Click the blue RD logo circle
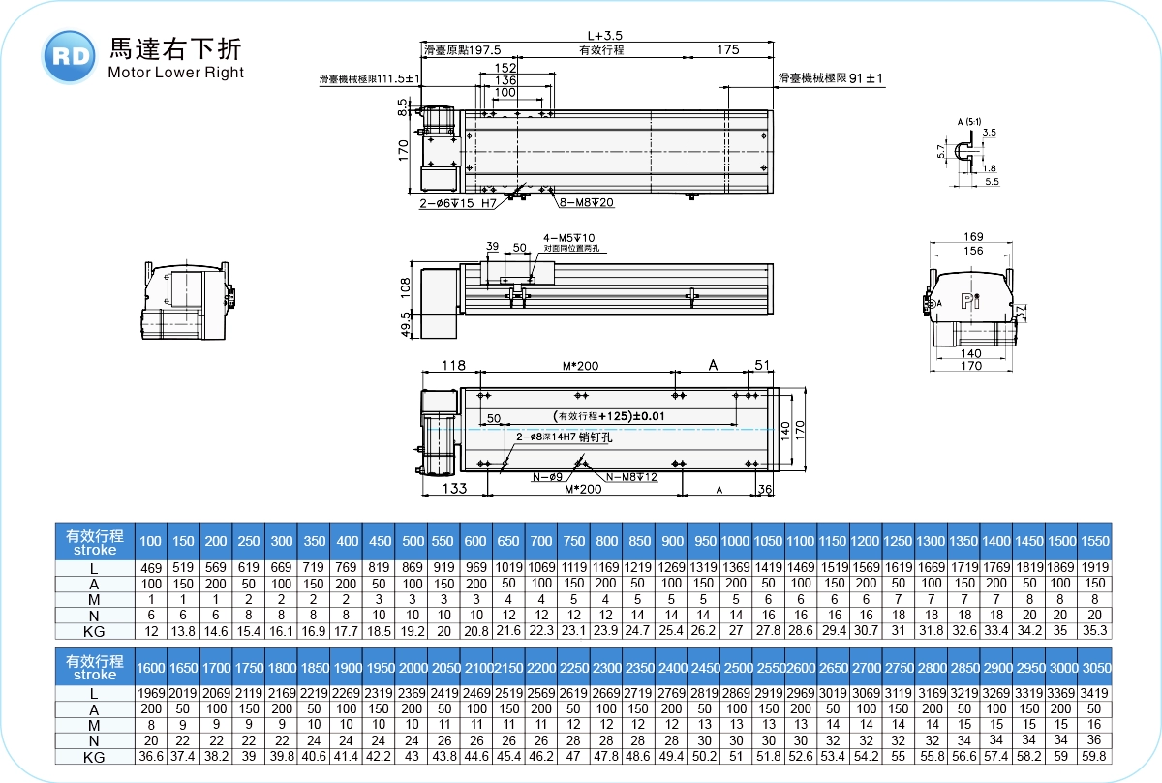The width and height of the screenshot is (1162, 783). point(70,56)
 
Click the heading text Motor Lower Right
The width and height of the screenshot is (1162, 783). point(176,73)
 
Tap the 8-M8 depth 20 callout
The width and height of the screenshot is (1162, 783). point(587,203)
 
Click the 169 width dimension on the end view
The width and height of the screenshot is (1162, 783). point(973,237)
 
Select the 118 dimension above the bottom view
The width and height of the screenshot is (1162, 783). point(452,365)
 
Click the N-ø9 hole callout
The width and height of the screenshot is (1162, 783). point(546,477)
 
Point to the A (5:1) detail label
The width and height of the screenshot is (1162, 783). point(968,121)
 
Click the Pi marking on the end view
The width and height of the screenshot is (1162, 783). point(971,301)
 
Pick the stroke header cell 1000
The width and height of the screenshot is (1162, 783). point(735,541)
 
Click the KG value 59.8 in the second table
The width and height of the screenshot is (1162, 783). point(1094,757)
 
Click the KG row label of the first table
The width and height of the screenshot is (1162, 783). point(94,631)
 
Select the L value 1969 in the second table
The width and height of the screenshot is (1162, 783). point(150,694)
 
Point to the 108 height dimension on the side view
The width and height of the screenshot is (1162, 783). point(406,287)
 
